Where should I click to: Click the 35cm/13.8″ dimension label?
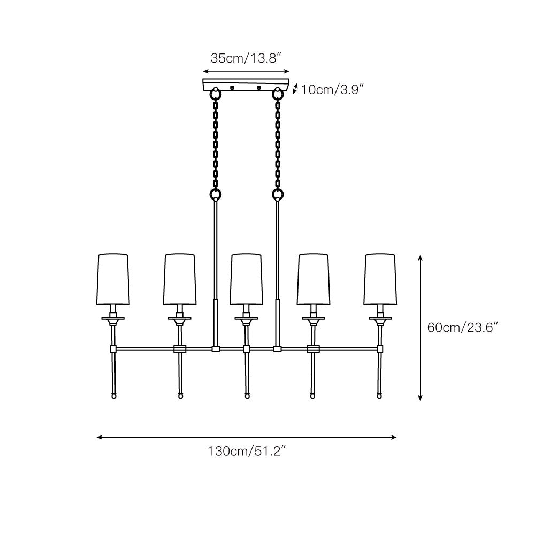(246, 58)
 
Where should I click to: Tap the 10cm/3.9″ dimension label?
(332, 89)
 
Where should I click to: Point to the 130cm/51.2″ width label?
(246, 451)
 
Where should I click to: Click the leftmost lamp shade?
(113, 279)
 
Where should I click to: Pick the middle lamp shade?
(246, 279)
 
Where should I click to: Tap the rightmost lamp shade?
(380, 279)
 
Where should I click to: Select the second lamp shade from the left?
(180, 279)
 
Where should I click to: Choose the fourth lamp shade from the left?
(313, 279)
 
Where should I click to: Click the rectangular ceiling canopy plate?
(246, 85)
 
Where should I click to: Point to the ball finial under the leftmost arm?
(113, 396)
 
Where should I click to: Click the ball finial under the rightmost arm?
(380, 396)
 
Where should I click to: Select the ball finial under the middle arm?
(247, 396)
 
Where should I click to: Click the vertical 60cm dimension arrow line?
(421, 327)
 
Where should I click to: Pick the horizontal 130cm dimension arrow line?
(246, 437)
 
